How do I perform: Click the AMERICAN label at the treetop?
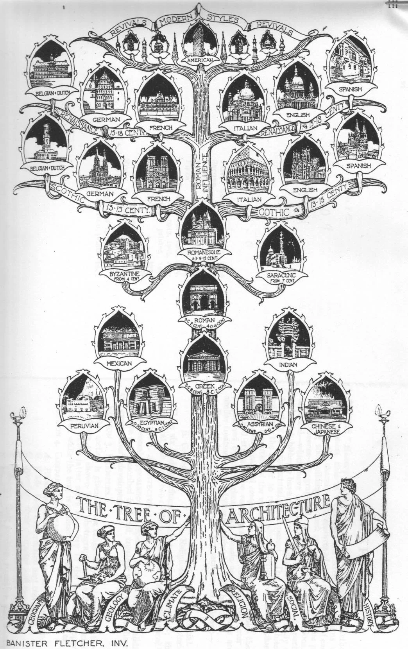click(199, 61)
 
